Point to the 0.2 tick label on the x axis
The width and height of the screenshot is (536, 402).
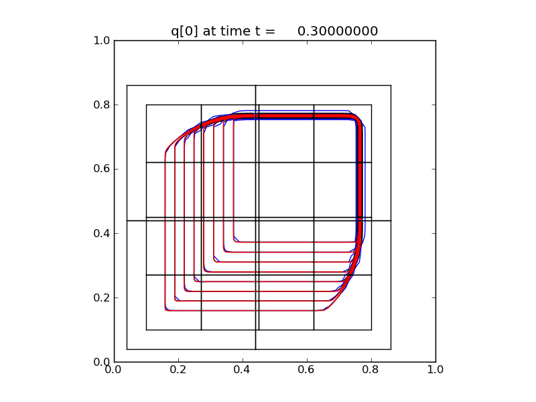coord(178,368)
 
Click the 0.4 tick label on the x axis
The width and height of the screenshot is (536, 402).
coord(243,368)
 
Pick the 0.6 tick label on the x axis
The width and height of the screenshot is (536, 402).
coord(307,368)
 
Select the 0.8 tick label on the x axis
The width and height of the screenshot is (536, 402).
coord(371,368)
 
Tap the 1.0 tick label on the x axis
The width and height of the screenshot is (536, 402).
coord(435,368)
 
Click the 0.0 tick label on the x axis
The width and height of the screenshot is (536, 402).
coord(114,368)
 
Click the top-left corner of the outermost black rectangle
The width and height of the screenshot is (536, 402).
coord(127,85)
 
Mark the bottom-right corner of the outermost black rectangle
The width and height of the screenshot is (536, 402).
coord(391,349)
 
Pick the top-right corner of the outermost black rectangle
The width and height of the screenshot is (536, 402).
coord(391,85)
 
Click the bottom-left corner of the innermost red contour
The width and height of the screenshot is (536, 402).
coord(234,241)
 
